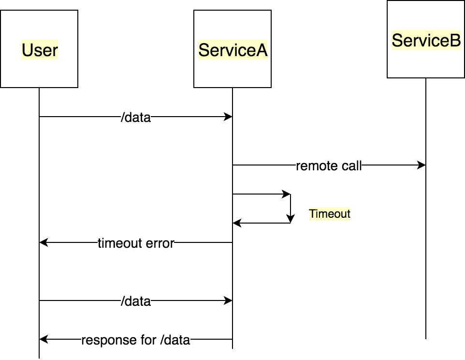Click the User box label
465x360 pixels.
[40, 50]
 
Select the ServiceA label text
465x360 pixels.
[233, 50]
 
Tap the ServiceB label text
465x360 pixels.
[426, 40]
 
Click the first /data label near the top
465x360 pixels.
[136, 117]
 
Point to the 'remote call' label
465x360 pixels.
[329, 165]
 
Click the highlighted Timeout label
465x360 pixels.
[330, 214]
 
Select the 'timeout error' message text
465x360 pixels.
[136, 243]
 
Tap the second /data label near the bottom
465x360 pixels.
[136, 301]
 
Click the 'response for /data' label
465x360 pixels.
[136, 340]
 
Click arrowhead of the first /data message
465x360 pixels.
[228, 117]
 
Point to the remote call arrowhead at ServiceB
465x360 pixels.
[421, 165]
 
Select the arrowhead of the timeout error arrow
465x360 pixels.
[44, 242]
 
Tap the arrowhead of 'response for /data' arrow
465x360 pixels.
[44, 339]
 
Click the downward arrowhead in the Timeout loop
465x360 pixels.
[291, 219]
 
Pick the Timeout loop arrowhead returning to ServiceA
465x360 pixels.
[237, 223]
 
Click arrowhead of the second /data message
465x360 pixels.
[228, 300]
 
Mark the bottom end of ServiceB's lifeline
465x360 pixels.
[426, 339]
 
